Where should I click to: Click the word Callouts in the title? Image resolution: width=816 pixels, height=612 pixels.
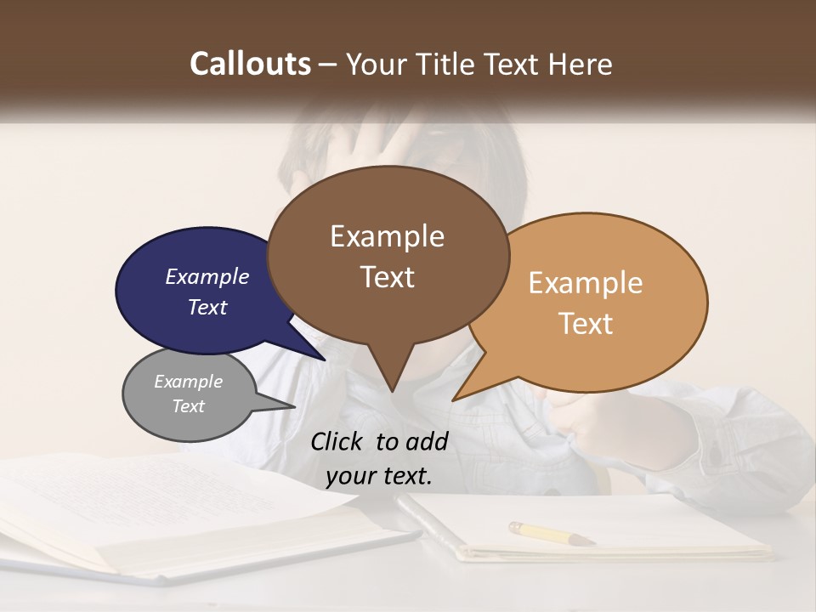coord(250,64)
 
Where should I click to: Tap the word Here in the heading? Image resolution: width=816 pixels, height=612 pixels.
coord(581,65)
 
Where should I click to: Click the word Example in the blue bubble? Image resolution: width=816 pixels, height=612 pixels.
coord(207,276)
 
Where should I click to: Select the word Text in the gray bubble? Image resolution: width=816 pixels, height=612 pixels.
coord(188,406)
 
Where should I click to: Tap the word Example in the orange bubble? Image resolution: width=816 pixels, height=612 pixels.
coord(586,283)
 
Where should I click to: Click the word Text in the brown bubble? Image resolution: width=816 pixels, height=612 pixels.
coord(388,277)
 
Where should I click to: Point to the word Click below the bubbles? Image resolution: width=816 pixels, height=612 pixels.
coord(338,441)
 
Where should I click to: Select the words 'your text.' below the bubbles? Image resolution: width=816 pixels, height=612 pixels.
coord(379,477)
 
